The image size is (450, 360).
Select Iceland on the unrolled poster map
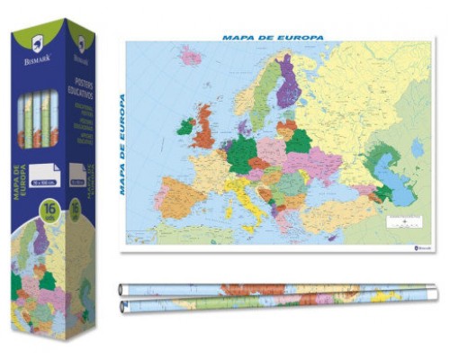[x=190, y=56]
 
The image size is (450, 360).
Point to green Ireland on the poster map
[x=185, y=127]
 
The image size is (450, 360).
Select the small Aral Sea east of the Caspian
[x=415, y=147]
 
